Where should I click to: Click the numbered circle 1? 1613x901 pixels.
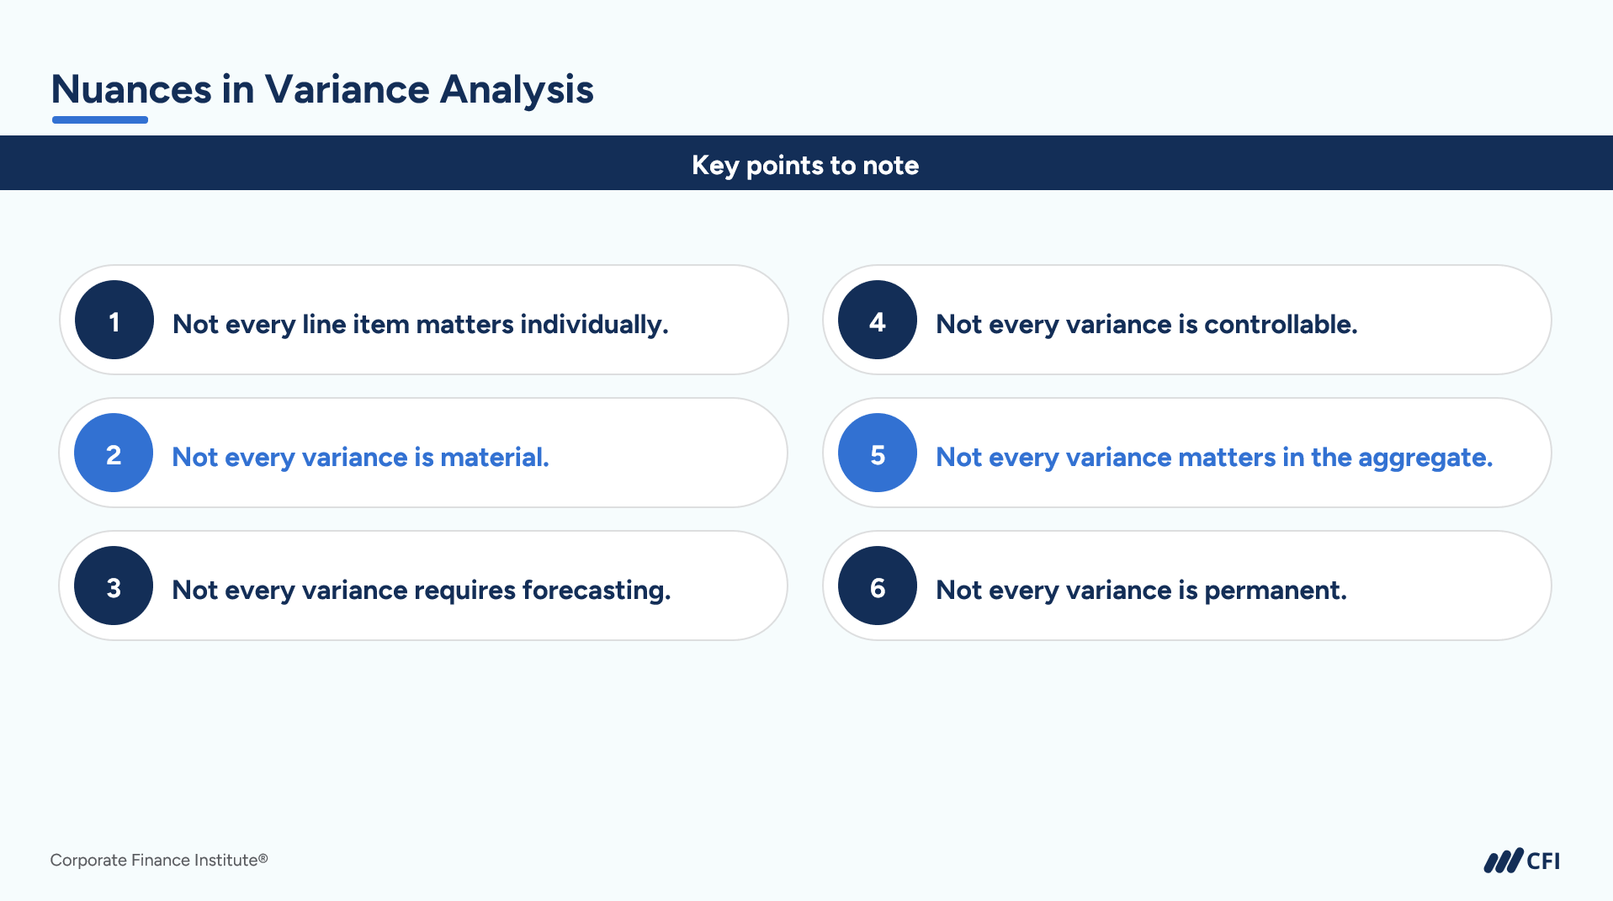point(114,320)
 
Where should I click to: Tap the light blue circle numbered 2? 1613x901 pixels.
point(114,453)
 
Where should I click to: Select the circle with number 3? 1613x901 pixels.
point(114,586)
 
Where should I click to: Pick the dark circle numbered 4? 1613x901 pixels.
point(878,320)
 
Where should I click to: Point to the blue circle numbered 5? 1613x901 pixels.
point(878,453)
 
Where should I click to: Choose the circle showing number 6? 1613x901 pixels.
point(878,586)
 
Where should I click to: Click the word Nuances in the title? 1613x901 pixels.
point(131,89)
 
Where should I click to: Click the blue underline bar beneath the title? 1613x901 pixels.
point(100,120)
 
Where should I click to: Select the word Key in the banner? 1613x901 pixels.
point(715,166)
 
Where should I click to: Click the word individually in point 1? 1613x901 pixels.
point(594,325)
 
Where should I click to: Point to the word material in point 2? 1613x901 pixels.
point(495,457)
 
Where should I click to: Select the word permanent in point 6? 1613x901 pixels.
point(1276,591)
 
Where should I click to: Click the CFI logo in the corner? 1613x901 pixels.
point(1521,861)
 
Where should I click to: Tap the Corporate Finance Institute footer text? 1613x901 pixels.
point(159,860)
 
